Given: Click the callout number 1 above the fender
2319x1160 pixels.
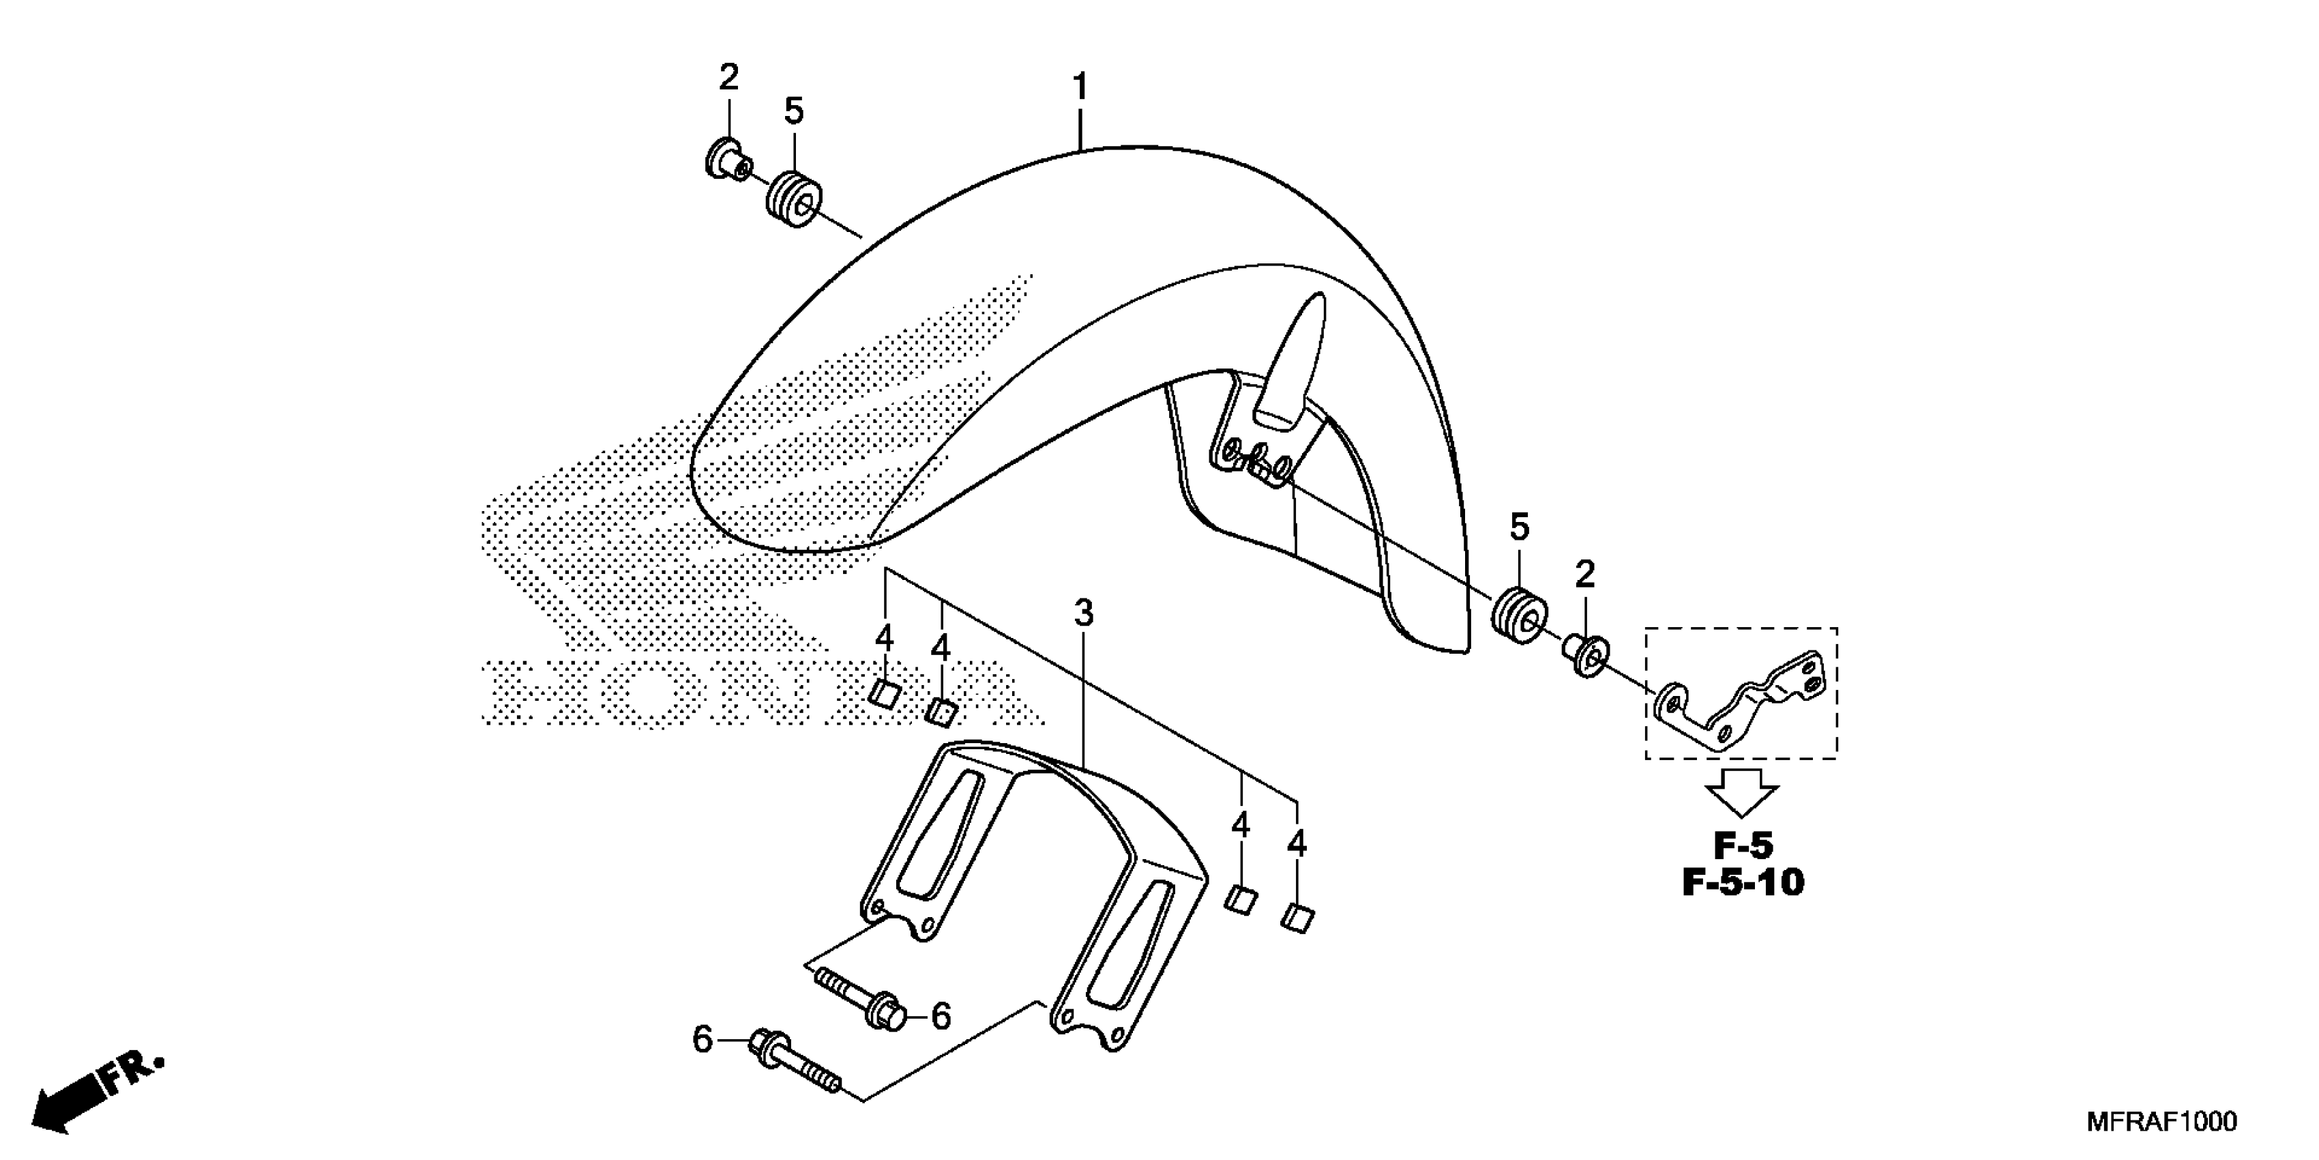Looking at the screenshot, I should [x=1080, y=88].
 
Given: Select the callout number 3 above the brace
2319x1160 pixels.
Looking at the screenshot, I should [x=1084, y=614].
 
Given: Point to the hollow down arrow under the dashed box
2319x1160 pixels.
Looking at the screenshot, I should [x=1742, y=792].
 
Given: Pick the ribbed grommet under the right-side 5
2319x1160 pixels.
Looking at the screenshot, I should [x=1520, y=614].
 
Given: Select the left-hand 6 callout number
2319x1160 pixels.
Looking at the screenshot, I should [x=703, y=1040].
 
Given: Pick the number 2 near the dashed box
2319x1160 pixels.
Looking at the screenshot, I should [x=1585, y=575].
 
